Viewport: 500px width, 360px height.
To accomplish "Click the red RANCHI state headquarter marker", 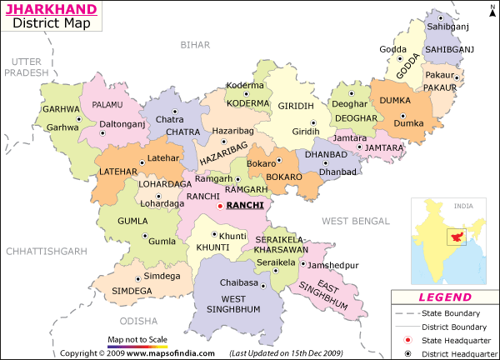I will (x=220, y=206).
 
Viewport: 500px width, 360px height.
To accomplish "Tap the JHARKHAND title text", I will (x=49, y=10).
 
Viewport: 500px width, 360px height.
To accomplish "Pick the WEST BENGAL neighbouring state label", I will (x=356, y=221).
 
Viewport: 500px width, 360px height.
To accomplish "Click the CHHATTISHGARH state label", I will (x=46, y=251).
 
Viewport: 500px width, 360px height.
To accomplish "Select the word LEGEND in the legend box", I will (x=446, y=297).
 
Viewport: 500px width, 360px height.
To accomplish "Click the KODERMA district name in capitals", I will (x=249, y=103).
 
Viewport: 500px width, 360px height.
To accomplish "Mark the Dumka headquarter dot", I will (x=402, y=116).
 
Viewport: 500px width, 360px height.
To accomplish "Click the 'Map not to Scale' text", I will (x=137, y=340).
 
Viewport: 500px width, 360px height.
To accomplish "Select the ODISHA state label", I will (x=137, y=321).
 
